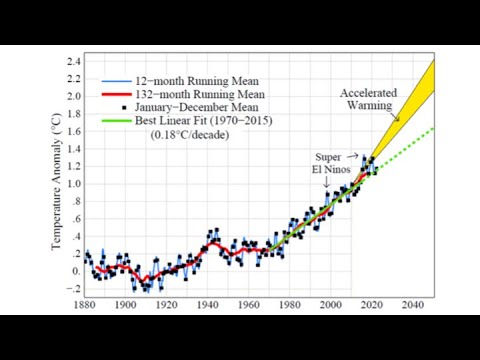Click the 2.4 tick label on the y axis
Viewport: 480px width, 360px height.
pyautogui.click(x=73, y=62)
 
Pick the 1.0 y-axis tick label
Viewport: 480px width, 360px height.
pyautogui.click(x=73, y=184)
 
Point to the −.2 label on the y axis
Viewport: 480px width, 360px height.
pyautogui.click(x=73, y=288)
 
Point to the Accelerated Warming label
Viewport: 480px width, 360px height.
pyautogui.click(x=369, y=99)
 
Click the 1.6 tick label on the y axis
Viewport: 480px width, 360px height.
pyautogui.click(x=73, y=132)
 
